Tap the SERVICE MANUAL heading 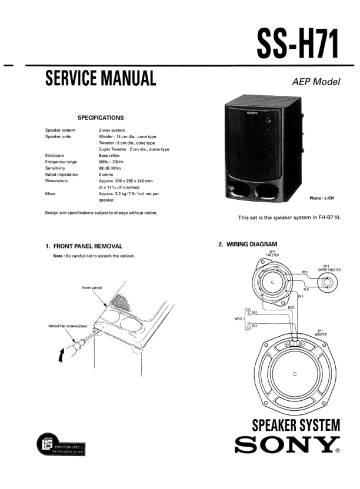click(101, 78)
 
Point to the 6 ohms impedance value click(110, 175)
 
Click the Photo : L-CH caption click(323, 198)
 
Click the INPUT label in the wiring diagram click(238, 319)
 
